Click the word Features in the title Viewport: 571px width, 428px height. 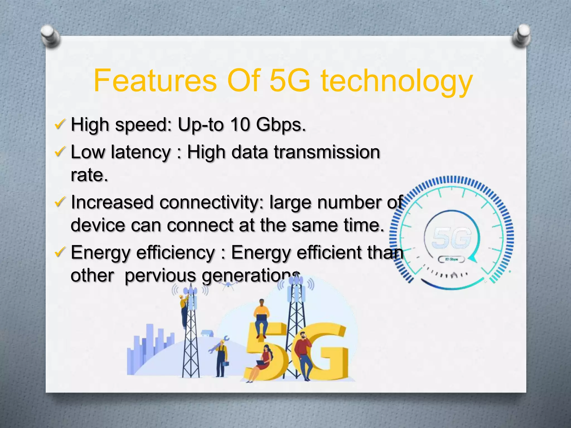(x=155, y=81)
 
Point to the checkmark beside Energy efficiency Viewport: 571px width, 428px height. (x=60, y=251)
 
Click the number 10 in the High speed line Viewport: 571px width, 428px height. (x=240, y=124)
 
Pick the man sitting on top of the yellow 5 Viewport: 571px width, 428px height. (x=261, y=318)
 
